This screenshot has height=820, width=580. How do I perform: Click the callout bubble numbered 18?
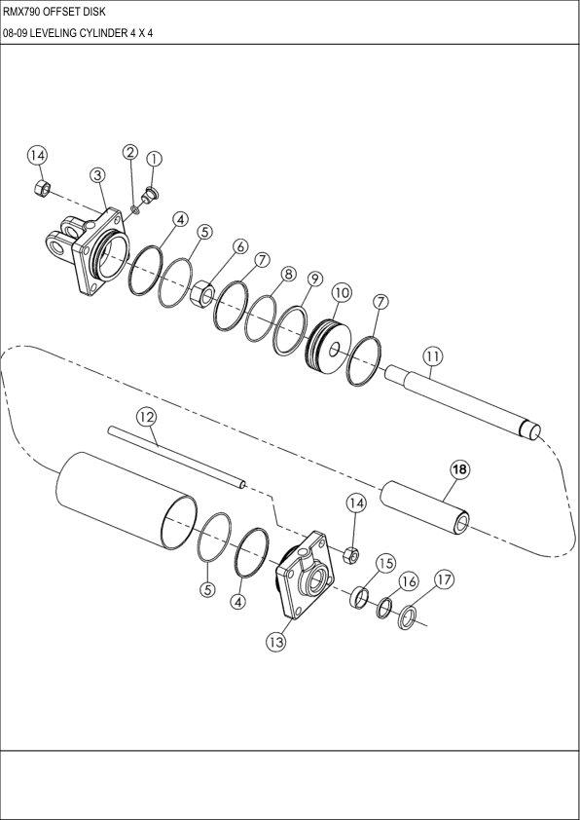(x=459, y=469)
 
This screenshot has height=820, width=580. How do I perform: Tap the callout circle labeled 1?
(x=154, y=159)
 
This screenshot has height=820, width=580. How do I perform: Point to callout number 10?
(x=341, y=291)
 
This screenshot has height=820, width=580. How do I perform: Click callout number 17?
(x=444, y=580)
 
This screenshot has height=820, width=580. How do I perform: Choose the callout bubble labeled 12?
(x=145, y=416)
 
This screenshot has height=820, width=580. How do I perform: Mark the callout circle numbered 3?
(x=97, y=174)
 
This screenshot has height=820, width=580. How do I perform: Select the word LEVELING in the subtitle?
(x=57, y=33)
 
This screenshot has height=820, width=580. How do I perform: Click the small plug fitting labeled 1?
(x=151, y=191)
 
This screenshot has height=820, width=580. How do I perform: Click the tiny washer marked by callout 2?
(x=135, y=208)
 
